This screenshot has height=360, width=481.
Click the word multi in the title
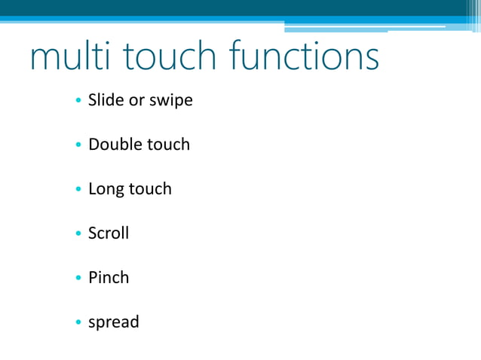(x=69, y=58)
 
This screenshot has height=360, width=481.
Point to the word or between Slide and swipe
(x=137, y=100)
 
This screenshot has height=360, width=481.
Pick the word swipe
(x=171, y=101)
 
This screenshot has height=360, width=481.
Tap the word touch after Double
(x=167, y=144)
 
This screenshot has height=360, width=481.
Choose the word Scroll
(x=109, y=233)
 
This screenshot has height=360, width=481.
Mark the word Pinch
(x=109, y=277)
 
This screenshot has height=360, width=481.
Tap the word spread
(x=114, y=323)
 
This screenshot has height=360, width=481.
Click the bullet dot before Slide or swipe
(x=78, y=101)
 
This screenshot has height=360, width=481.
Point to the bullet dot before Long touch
(x=78, y=190)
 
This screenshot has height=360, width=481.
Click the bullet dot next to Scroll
(x=78, y=234)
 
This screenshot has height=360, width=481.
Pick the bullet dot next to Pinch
(x=78, y=279)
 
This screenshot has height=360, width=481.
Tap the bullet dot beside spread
(x=78, y=323)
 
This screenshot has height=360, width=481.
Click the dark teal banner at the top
(x=226, y=8)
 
